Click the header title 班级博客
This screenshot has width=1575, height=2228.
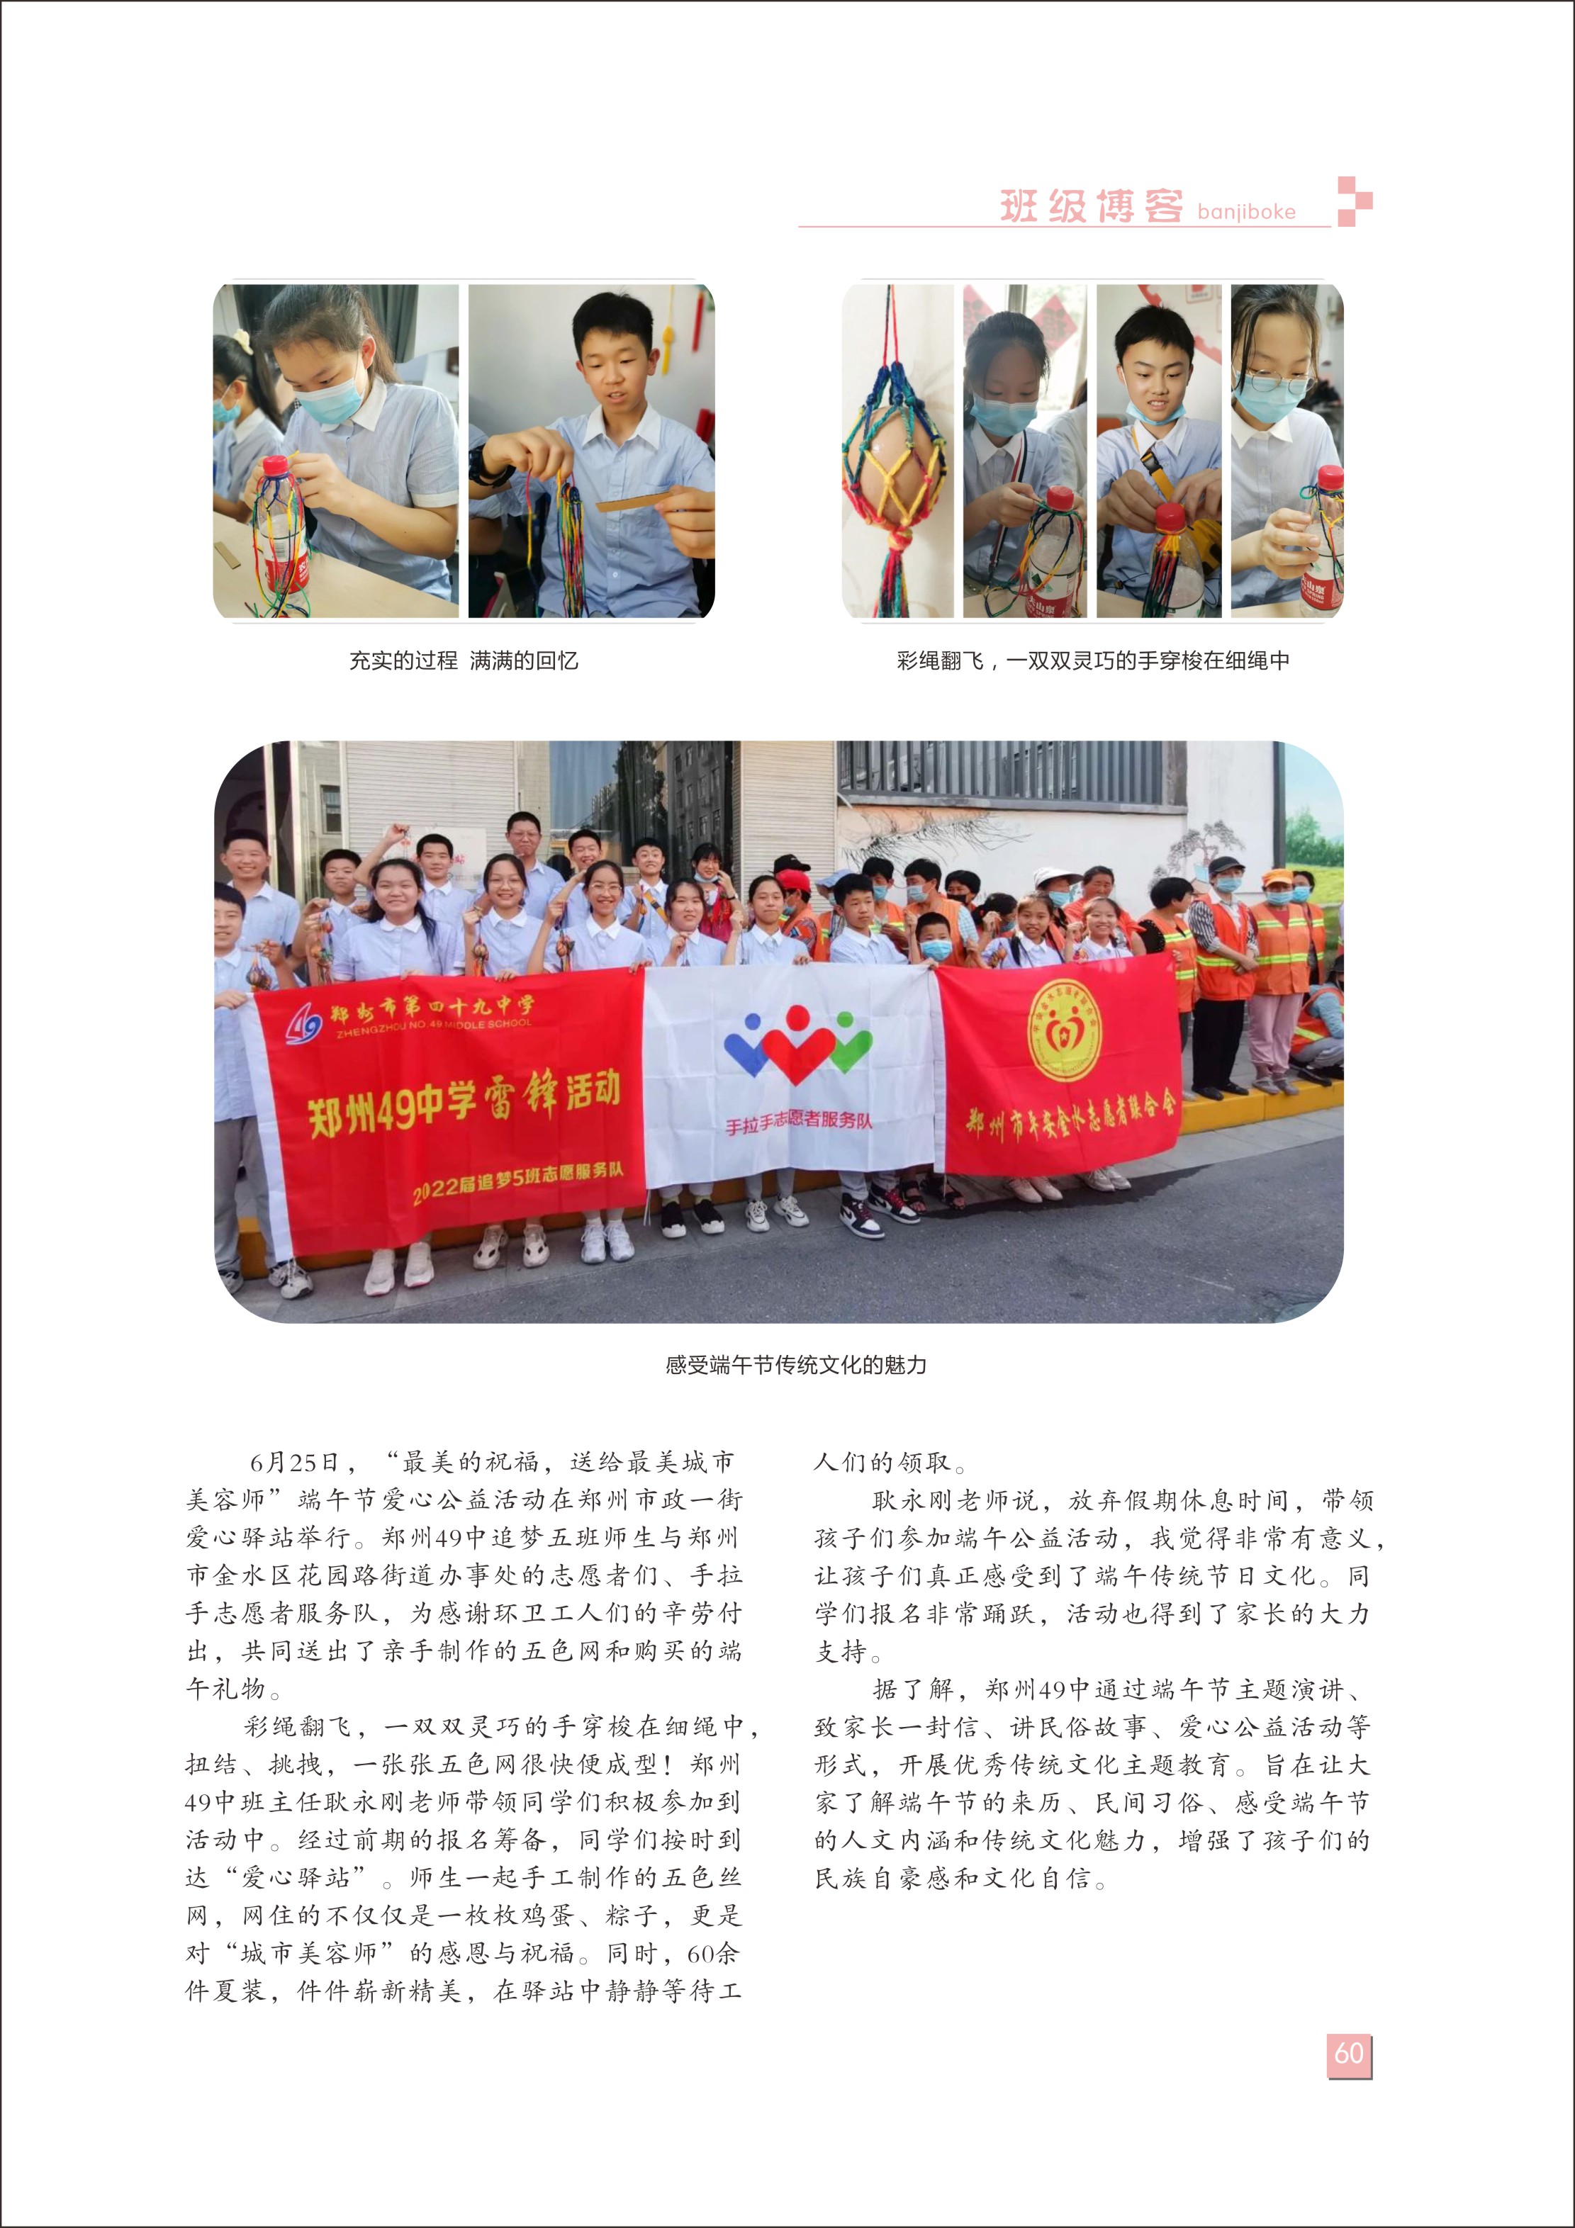1091,206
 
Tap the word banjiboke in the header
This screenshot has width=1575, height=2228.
1246,213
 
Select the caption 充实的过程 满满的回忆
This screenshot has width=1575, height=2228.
463,662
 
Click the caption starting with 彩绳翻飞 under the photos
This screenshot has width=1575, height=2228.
1093,662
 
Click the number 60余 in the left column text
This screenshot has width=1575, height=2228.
712,1953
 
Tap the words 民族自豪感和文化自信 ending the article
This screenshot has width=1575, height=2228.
956,1879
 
